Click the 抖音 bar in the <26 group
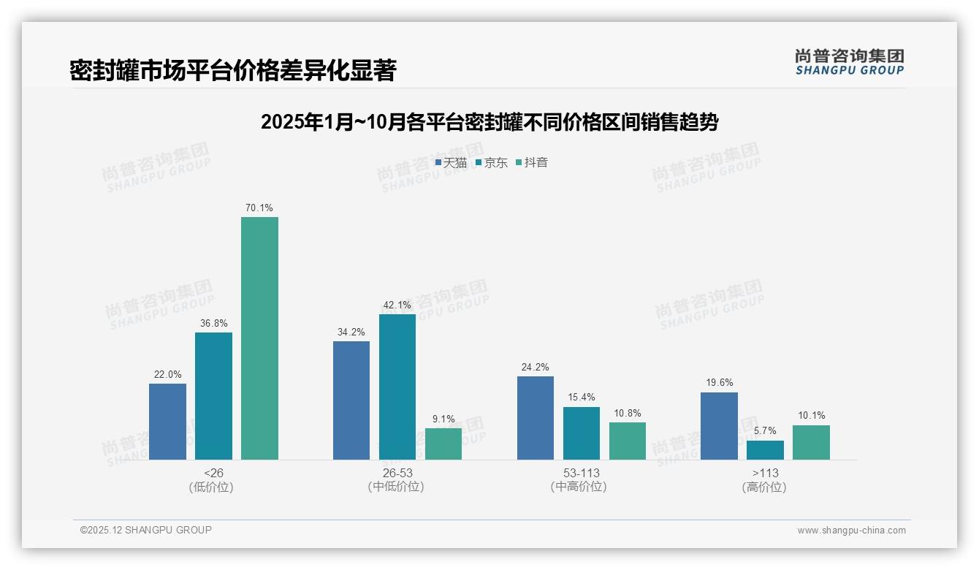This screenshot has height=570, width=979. [259, 338]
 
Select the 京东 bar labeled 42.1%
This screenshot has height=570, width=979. [397, 387]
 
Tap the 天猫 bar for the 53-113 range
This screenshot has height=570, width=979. [535, 418]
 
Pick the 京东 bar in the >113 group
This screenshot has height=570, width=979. [765, 450]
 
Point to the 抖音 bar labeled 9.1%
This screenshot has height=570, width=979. [443, 444]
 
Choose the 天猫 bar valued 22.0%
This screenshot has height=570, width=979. [167, 422]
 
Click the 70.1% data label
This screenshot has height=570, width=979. [259, 208]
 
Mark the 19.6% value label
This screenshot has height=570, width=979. [719, 383]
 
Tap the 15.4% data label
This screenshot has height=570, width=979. [582, 398]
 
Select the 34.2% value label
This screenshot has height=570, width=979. [351, 332]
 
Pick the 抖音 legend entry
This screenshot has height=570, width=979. [532, 163]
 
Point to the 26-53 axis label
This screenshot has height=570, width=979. [397, 474]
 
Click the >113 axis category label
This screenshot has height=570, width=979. [765, 474]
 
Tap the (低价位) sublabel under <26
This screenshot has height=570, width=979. [213, 487]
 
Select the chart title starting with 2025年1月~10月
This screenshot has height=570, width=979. [489, 122]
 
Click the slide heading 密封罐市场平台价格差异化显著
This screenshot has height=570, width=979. [233, 71]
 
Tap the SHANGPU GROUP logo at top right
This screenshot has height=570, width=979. [849, 62]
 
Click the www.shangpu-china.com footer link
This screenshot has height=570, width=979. [851, 531]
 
